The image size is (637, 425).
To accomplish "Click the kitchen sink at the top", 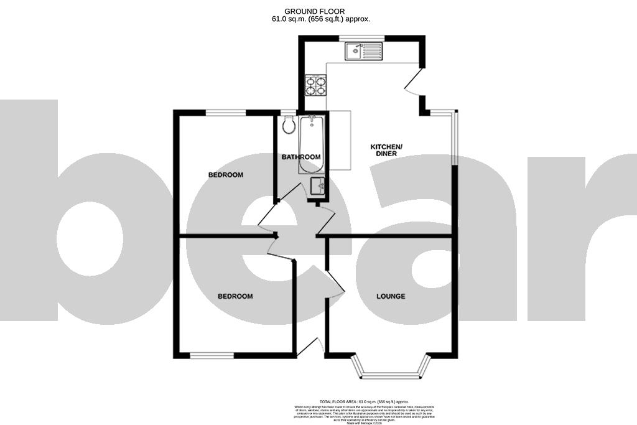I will [x=366, y=50].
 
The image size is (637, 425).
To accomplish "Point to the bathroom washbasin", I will [x=317, y=185].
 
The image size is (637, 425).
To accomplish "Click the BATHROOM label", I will [x=301, y=157].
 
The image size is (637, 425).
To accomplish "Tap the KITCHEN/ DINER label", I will [x=387, y=150].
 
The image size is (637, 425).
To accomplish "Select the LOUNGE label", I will [x=391, y=296].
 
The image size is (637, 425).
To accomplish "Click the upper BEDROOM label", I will [x=225, y=175].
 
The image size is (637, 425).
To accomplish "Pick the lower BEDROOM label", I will [x=235, y=296].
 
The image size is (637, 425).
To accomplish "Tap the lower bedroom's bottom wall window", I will [x=212, y=355].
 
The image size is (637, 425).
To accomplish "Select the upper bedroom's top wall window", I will [x=226, y=112].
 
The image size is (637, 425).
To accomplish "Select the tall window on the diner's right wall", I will [x=454, y=139].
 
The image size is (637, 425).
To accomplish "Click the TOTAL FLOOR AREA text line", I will [x=363, y=403].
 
